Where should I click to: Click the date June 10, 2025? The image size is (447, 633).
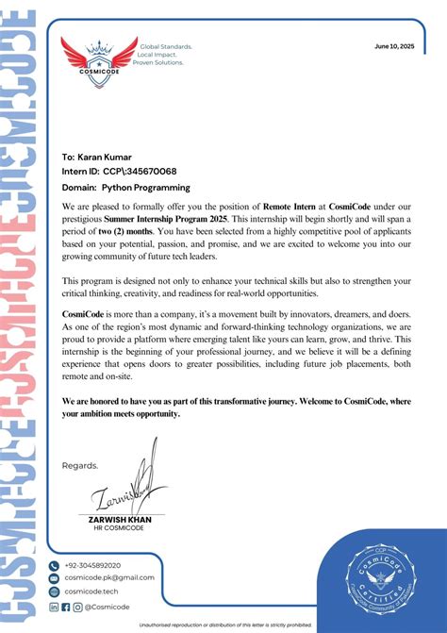pos(393,45)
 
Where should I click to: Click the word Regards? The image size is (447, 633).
pos(79,465)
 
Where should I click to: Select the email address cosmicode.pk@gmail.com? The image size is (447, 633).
pos(108,577)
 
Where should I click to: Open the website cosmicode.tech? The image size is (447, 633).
pos(91,591)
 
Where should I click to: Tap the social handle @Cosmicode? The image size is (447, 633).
pos(107,607)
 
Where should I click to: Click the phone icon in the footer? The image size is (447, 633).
pos(54,565)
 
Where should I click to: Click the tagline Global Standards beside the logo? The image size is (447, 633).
pos(166,45)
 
